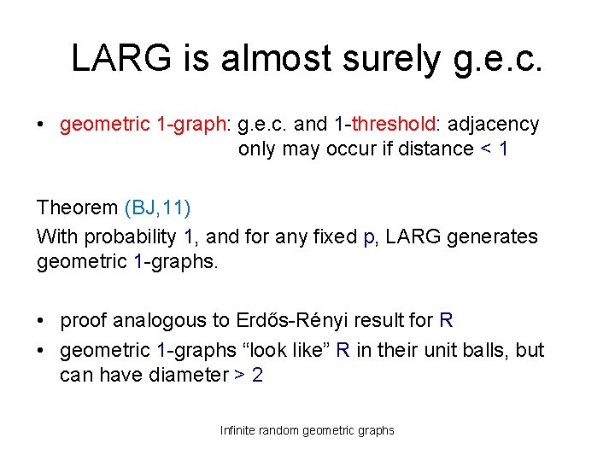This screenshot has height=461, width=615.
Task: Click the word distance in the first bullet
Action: coord(440,149)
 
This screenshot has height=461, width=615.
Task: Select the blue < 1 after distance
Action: coord(495,149)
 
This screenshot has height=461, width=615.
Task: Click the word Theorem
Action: coord(77,207)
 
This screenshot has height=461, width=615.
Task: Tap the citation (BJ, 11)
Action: coord(158,207)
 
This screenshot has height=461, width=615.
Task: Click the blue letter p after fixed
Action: coord(369,236)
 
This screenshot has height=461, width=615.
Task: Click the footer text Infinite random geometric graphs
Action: coord(307,430)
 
